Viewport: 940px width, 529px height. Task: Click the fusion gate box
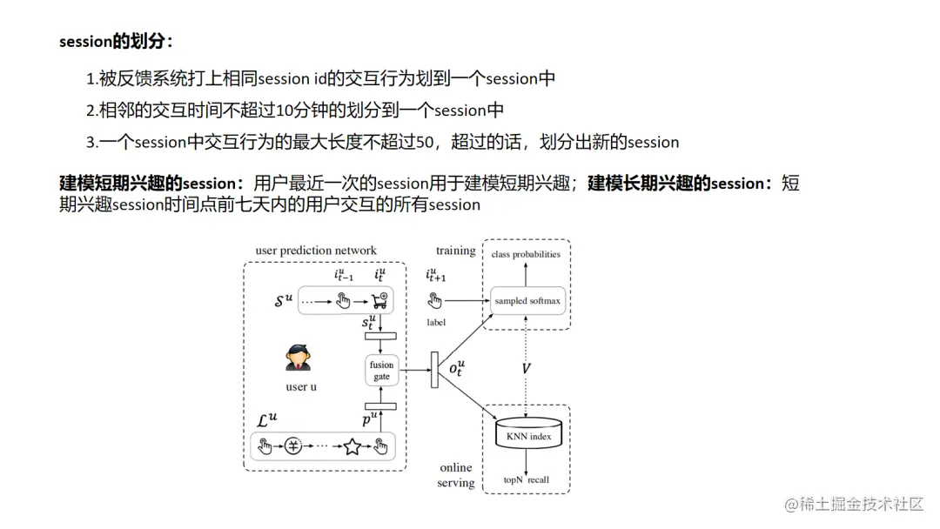pyautogui.click(x=381, y=371)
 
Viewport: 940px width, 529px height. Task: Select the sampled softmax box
pyautogui.click(x=527, y=301)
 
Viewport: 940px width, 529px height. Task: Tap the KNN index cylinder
pyautogui.click(x=527, y=436)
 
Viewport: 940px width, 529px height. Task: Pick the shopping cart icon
pyautogui.click(x=379, y=301)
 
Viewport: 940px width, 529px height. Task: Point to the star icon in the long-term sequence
pyautogui.click(x=352, y=447)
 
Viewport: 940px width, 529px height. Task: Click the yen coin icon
pyautogui.click(x=296, y=447)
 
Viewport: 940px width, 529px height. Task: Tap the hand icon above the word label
pyautogui.click(x=436, y=301)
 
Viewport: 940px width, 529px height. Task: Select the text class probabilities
pyautogui.click(x=526, y=254)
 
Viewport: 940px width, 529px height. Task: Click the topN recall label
pyautogui.click(x=527, y=479)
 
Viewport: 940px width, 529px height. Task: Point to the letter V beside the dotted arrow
pyautogui.click(x=526, y=369)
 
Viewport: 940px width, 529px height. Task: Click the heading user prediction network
pyautogui.click(x=316, y=251)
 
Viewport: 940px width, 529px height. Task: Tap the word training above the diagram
pyautogui.click(x=455, y=251)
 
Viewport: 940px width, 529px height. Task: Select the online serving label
pyautogui.click(x=456, y=475)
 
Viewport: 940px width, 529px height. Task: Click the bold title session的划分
pyautogui.click(x=116, y=42)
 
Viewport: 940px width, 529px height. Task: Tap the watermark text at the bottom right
pyautogui.click(x=854, y=504)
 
